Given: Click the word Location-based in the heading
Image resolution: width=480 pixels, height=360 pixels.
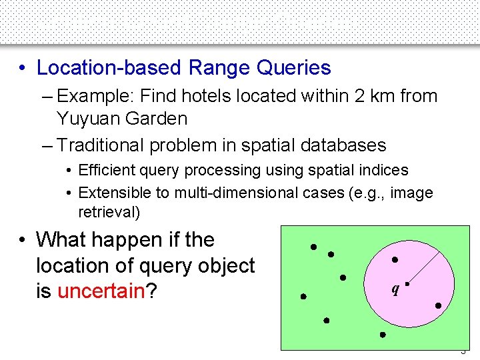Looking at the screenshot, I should (x=110, y=68).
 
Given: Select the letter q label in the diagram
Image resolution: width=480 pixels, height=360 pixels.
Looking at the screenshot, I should (x=396, y=290).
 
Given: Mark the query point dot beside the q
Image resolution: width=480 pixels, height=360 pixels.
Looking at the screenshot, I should (x=406, y=283).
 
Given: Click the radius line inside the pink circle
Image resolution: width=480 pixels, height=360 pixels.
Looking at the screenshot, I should (x=427, y=261).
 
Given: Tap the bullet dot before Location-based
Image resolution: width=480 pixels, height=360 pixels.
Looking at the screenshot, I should (x=23, y=68).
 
